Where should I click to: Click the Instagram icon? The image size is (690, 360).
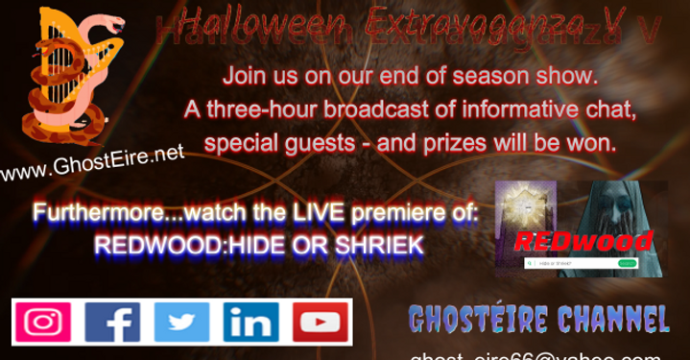click(x=43, y=323)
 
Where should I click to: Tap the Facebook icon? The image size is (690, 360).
click(x=112, y=323)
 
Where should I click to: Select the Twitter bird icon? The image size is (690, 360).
click(x=181, y=323)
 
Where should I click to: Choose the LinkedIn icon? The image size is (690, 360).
click(x=250, y=323)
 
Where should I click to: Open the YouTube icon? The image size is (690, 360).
click(x=321, y=323)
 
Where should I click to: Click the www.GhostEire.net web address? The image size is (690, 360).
click(x=91, y=164)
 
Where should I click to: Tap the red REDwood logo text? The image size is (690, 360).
click(x=583, y=240)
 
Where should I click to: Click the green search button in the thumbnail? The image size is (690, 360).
click(x=628, y=263)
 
